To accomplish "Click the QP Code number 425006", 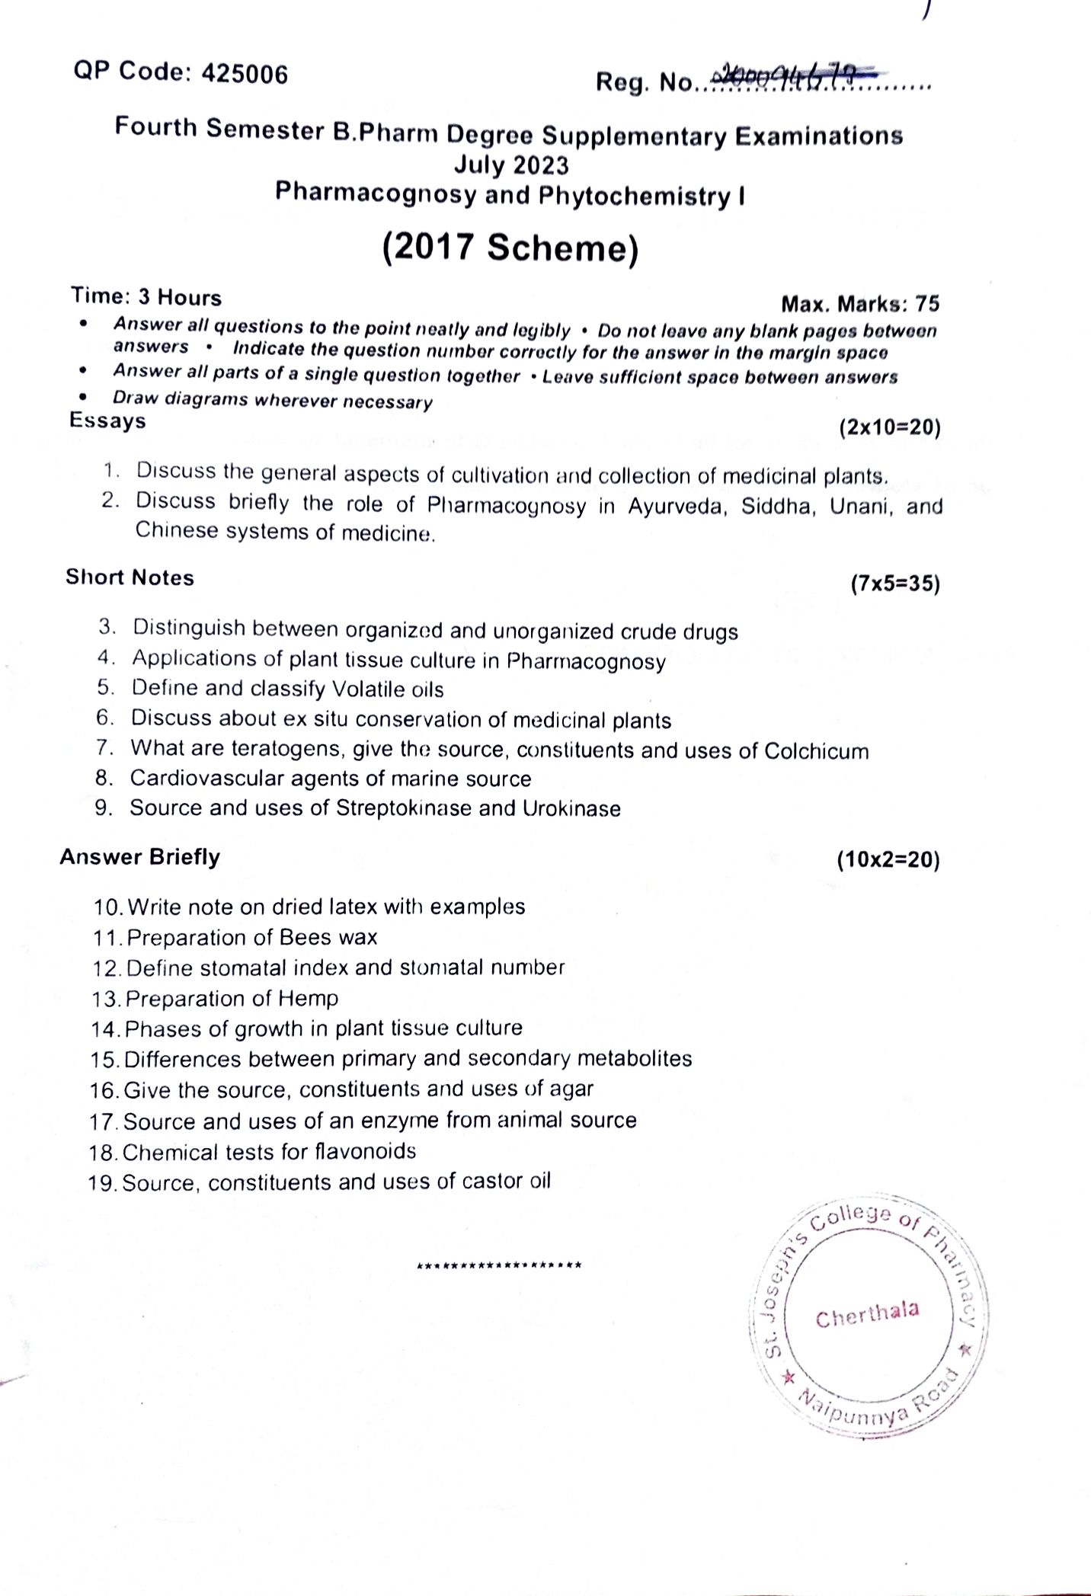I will (245, 74).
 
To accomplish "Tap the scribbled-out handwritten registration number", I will (792, 77).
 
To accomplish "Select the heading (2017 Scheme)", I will (510, 248).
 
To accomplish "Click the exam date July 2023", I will (511, 165).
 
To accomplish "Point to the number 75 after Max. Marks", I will (926, 304).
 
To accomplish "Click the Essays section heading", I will (107, 421).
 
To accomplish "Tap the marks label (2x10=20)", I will (889, 427).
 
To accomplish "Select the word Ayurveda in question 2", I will (674, 507).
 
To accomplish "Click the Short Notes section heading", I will (130, 577).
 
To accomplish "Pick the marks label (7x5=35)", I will (895, 584).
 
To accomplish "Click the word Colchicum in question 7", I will (816, 751).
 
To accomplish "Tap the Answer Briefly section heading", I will (140, 857).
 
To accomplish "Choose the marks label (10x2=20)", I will (888, 860).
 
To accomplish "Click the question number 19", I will (102, 1183).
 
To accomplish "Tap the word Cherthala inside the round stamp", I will (867, 1314).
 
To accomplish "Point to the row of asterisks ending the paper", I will (500, 1265).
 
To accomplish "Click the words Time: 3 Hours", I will (146, 296).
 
